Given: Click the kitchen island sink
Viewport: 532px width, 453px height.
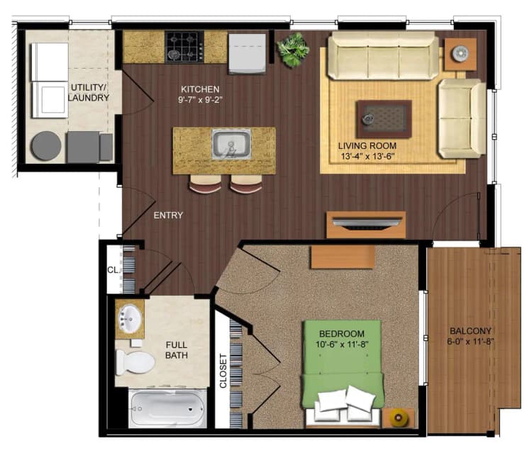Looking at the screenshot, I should click(x=231, y=144).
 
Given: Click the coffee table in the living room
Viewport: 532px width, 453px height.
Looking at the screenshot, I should click(x=384, y=119).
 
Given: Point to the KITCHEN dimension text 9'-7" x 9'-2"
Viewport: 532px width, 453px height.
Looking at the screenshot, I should click(x=199, y=101).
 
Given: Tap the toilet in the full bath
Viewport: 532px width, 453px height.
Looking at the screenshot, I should click(x=134, y=362).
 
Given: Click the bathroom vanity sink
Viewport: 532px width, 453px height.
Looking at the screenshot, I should click(x=130, y=318).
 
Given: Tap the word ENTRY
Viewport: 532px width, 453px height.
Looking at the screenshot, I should click(x=168, y=216).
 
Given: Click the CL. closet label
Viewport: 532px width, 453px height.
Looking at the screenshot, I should click(x=112, y=269).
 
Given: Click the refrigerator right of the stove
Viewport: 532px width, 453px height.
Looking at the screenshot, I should click(x=248, y=52).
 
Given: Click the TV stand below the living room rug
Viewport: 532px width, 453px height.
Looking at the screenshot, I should click(x=365, y=225).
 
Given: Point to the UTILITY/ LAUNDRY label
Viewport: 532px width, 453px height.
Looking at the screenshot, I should click(x=88, y=92).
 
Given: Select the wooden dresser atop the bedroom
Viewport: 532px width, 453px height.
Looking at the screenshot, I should click(x=342, y=257).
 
